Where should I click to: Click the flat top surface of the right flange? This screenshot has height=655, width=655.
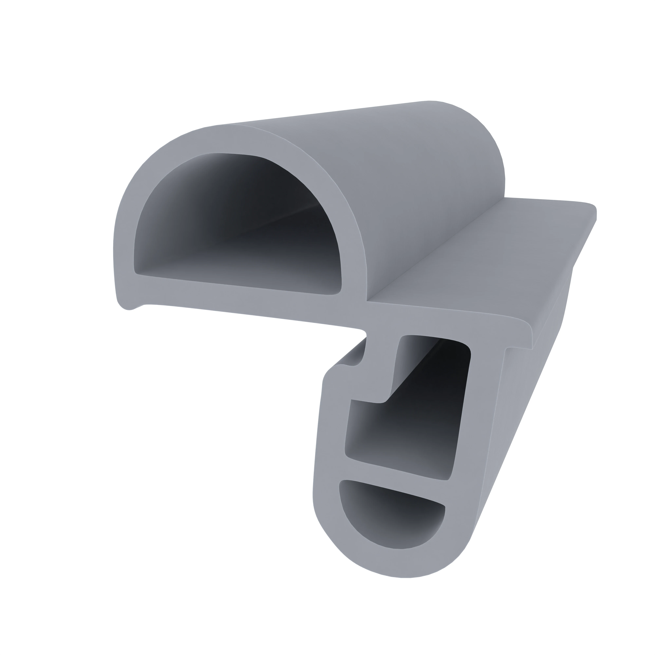492,258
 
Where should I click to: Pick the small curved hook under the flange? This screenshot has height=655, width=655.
349,363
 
